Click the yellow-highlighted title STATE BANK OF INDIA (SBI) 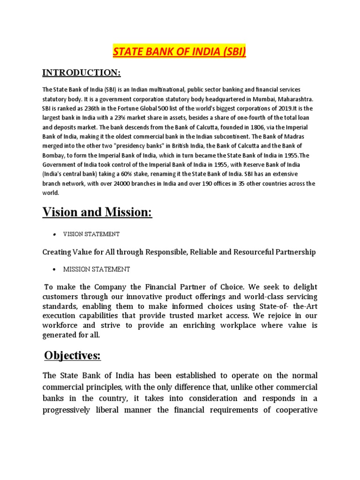point(180,51)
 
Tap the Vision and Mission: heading point(97,212)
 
